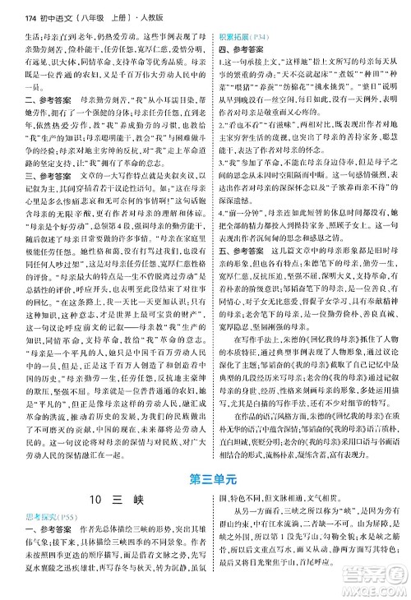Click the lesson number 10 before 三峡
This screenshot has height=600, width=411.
(x=81, y=524)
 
